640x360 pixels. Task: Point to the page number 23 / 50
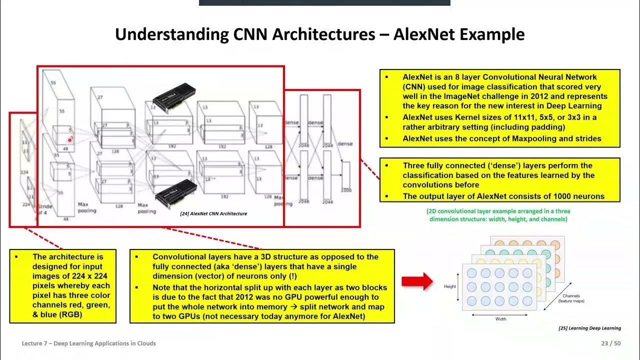pos(611,343)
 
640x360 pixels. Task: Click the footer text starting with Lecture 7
pos(88,343)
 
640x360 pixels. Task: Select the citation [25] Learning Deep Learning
pos(589,328)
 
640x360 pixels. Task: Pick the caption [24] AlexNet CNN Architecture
pos(213,213)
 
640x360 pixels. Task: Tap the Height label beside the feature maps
pos(450,286)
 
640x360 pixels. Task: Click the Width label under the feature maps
pos(500,319)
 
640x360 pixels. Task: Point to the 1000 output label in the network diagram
pos(345,190)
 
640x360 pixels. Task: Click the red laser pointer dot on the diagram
pos(70,140)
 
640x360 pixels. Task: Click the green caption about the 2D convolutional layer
pos(498,215)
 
